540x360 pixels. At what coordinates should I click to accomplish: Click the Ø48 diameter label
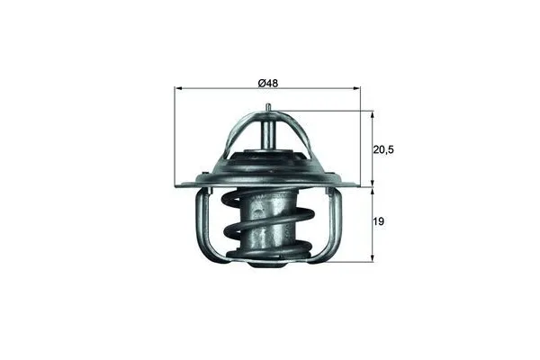tap(267, 83)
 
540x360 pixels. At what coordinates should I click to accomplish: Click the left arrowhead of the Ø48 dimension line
tap(176, 89)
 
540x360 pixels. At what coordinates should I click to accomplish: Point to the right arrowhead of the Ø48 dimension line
tap(367, 89)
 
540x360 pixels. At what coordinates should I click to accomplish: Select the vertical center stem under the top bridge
tap(269, 134)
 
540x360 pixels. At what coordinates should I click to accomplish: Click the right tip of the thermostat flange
tap(366, 187)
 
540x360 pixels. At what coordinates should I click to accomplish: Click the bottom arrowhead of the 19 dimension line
tap(372, 259)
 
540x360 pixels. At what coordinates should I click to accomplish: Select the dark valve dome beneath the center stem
tap(268, 167)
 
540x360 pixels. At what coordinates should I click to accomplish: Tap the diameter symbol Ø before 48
tap(260, 83)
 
